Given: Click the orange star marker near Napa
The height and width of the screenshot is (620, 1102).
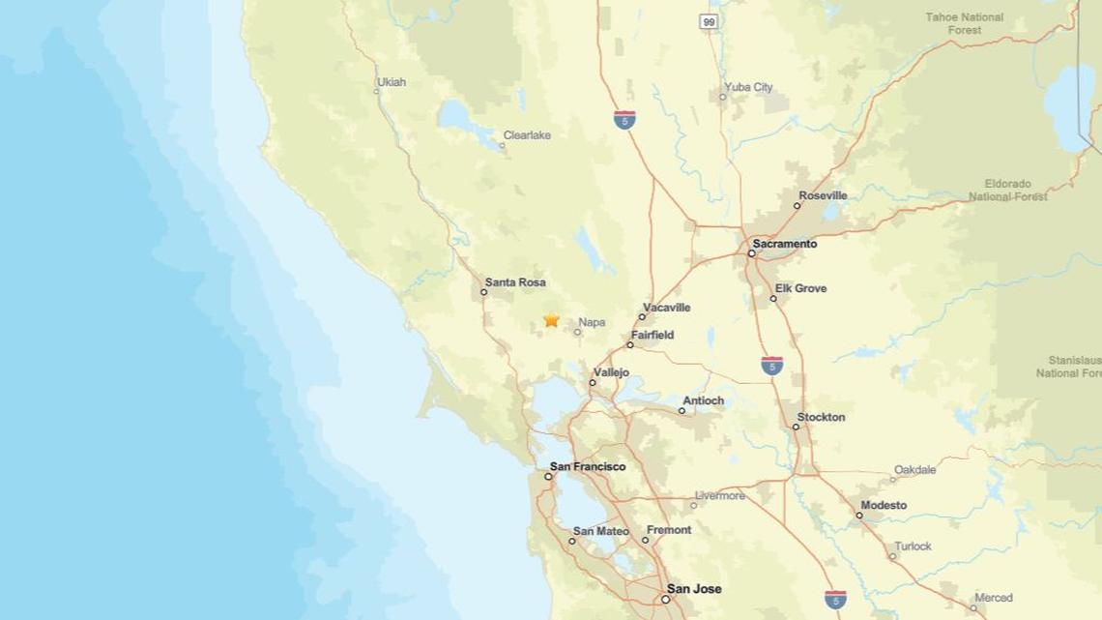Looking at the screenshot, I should tap(552, 319).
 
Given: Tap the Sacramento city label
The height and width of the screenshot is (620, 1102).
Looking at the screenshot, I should tap(785, 244).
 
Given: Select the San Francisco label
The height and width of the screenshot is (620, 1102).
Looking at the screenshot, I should tap(587, 467).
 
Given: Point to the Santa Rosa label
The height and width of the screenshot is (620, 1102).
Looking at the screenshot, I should tap(515, 282).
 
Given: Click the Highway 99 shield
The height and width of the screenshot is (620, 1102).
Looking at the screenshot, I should tap(710, 21).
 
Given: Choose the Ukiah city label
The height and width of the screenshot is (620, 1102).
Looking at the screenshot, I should tap(392, 82).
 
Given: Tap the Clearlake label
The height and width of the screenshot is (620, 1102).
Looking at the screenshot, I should tap(527, 135).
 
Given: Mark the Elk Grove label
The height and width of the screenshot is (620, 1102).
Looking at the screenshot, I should tap(800, 288).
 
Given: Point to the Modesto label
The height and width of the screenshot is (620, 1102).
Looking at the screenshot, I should tap(883, 505).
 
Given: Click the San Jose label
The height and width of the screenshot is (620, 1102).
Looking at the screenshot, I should tap(692, 589).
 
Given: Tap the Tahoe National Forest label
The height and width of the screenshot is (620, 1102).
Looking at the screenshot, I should tap(965, 23).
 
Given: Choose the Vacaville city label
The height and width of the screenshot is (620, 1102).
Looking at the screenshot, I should tap(666, 308).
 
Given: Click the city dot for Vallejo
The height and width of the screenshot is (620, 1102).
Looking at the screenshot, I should tap(593, 382).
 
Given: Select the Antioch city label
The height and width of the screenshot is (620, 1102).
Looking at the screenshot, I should tap(703, 400).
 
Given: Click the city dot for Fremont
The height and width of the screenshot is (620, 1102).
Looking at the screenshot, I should tap(645, 540).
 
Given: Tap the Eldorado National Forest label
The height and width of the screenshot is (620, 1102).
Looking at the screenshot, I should tap(1008, 190).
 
